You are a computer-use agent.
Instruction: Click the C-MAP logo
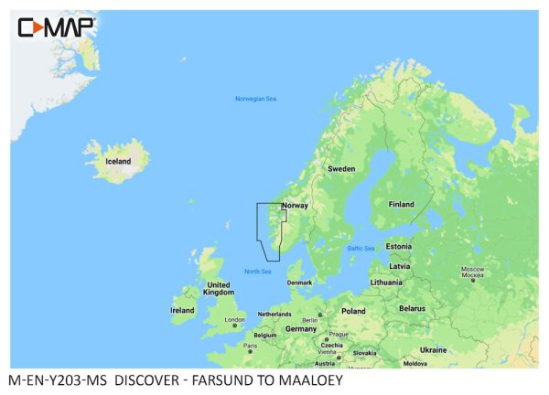click(57, 27)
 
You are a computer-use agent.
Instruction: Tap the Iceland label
click(118, 162)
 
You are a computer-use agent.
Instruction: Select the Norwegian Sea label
click(255, 99)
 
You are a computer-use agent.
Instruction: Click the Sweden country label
click(341, 169)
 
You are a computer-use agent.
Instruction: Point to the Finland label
click(401, 204)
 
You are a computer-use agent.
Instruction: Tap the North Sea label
click(258, 271)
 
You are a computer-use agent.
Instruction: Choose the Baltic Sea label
click(361, 249)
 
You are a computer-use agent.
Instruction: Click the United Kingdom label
click(219, 289)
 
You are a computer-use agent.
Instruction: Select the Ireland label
click(182, 310)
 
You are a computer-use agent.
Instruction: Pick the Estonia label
click(399, 246)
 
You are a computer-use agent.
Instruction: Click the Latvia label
click(399, 266)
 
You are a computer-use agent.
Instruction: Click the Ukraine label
click(433, 349)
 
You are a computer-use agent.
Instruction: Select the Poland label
click(353, 311)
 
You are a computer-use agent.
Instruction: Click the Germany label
click(300, 328)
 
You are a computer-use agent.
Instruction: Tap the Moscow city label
click(472, 272)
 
